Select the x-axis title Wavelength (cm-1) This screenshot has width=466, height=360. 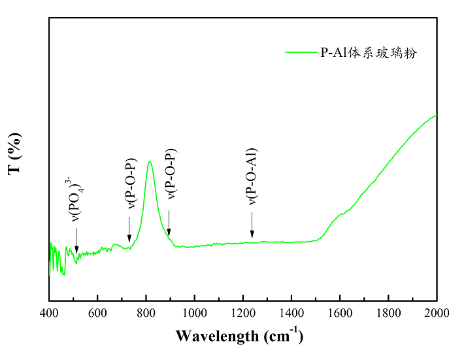(x=239, y=336)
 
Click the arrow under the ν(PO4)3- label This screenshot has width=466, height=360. (x=76, y=245)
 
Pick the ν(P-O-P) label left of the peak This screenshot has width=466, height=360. (x=130, y=183)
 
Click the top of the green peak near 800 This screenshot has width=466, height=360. (x=150, y=161)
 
